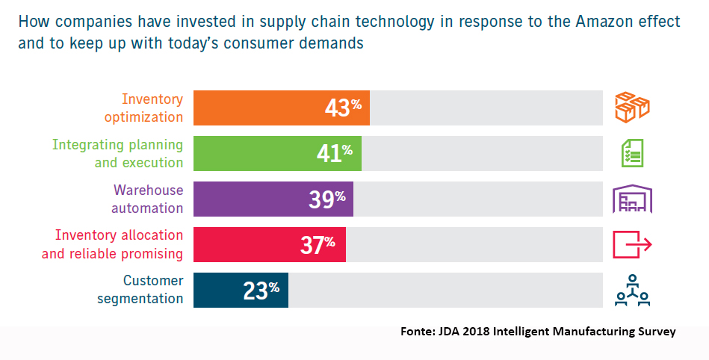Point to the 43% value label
(343, 108)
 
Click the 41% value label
(335, 153)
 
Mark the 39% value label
(326, 199)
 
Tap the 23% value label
(261, 290)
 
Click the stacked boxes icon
(631, 107)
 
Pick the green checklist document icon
(632, 153)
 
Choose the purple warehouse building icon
(632, 199)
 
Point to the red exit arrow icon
(632, 244)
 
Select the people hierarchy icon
(632, 291)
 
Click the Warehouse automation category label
(148, 199)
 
